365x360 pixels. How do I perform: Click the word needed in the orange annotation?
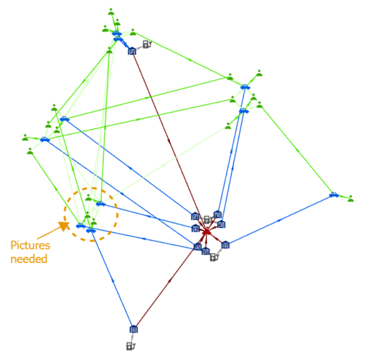[29, 258]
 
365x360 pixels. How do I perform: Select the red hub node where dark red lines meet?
[207, 232]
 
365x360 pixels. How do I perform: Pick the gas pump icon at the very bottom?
[130, 346]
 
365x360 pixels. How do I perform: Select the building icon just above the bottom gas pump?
[133, 329]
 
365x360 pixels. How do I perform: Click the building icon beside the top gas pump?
[131, 51]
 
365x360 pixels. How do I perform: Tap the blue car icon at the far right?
[334, 195]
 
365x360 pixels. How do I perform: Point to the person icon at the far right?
[351, 198]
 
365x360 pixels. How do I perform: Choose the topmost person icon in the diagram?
[111, 11]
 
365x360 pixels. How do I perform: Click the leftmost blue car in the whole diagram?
[44, 139]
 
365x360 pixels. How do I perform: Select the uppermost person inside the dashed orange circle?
[88, 198]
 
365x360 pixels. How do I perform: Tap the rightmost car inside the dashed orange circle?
[101, 203]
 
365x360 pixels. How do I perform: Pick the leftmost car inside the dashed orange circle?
[80, 225]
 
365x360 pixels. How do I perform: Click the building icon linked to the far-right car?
[226, 245]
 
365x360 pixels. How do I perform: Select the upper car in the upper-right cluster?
[245, 87]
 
